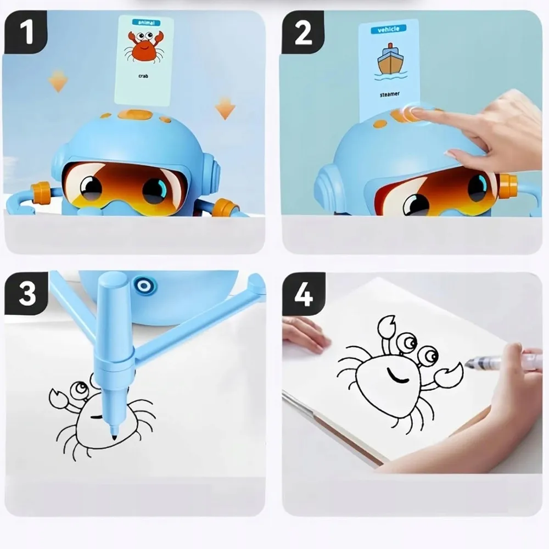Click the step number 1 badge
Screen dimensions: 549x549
pyautogui.click(x=25, y=33)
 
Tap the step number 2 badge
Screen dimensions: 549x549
pyautogui.click(x=303, y=33)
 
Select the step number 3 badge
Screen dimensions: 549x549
pyautogui.click(x=26, y=293)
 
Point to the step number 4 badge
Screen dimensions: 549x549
pyautogui.click(x=304, y=294)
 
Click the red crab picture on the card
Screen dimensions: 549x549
pyautogui.click(x=144, y=47)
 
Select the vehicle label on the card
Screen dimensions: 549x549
pyautogui.click(x=389, y=29)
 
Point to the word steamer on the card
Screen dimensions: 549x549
pyautogui.click(x=389, y=94)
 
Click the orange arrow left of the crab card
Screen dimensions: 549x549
pyautogui.click(x=58, y=81)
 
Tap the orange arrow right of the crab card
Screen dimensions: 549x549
pyautogui.click(x=225, y=107)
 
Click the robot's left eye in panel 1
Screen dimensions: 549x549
pyautogui.click(x=91, y=188)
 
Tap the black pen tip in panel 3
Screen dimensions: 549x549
pyautogui.click(x=114, y=436)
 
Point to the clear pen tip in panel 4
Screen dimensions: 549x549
pyautogui.click(x=470, y=363)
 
